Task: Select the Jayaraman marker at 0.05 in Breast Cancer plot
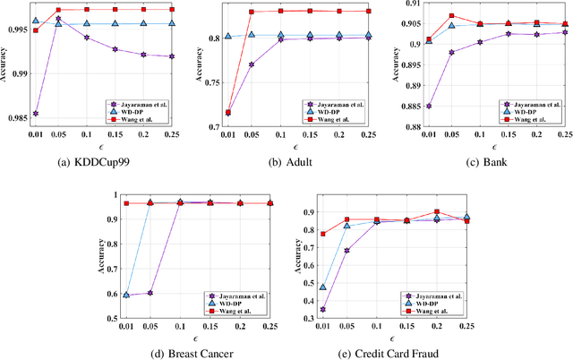coord(150,293)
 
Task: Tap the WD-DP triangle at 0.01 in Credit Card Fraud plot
coord(321,287)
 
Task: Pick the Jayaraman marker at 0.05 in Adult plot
coord(252,64)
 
